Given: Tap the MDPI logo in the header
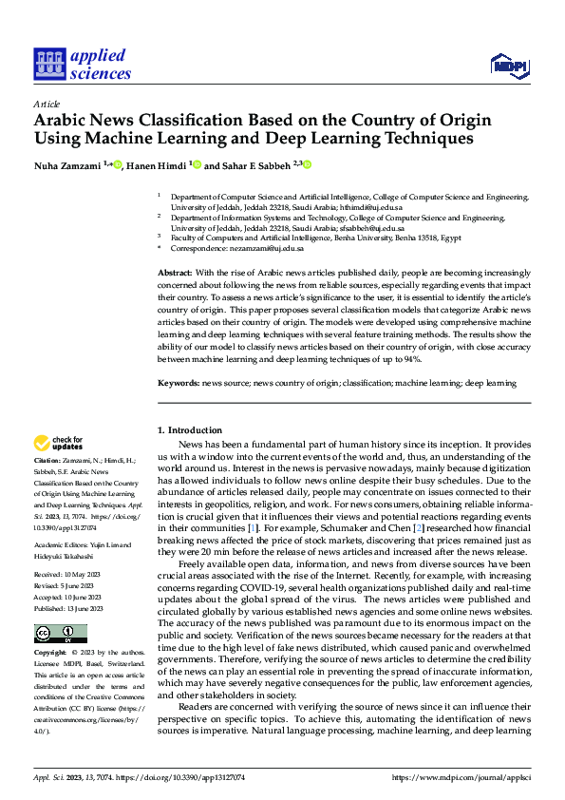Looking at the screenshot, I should click(x=508, y=65).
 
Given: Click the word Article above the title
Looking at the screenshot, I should click(x=46, y=104).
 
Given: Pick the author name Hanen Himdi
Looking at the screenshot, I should click(x=156, y=164).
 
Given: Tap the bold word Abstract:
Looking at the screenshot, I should click(x=177, y=273).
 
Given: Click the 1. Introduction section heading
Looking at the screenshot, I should click(x=190, y=430).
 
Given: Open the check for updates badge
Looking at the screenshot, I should click(x=59, y=443).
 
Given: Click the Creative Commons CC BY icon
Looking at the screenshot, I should click(x=60, y=634).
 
